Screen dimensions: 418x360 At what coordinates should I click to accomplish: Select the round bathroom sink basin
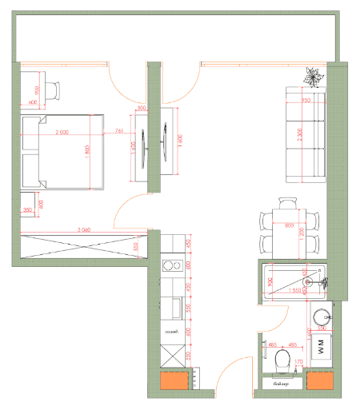pyautogui.click(x=322, y=316)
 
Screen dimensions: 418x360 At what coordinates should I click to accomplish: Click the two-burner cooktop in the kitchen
pyautogui.click(x=171, y=266)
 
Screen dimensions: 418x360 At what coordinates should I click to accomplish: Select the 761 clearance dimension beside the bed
pyautogui.click(x=119, y=131)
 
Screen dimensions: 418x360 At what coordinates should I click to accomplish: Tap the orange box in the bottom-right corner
pyautogui.click(x=318, y=382)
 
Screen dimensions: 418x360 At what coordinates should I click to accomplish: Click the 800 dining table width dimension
pyautogui.click(x=287, y=225)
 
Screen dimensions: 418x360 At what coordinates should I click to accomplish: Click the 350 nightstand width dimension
pyautogui.click(x=28, y=210)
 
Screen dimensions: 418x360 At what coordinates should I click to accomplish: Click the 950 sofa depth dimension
pyautogui.click(x=306, y=101)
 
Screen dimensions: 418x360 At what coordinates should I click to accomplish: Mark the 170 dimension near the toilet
pyautogui.click(x=298, y=361)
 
